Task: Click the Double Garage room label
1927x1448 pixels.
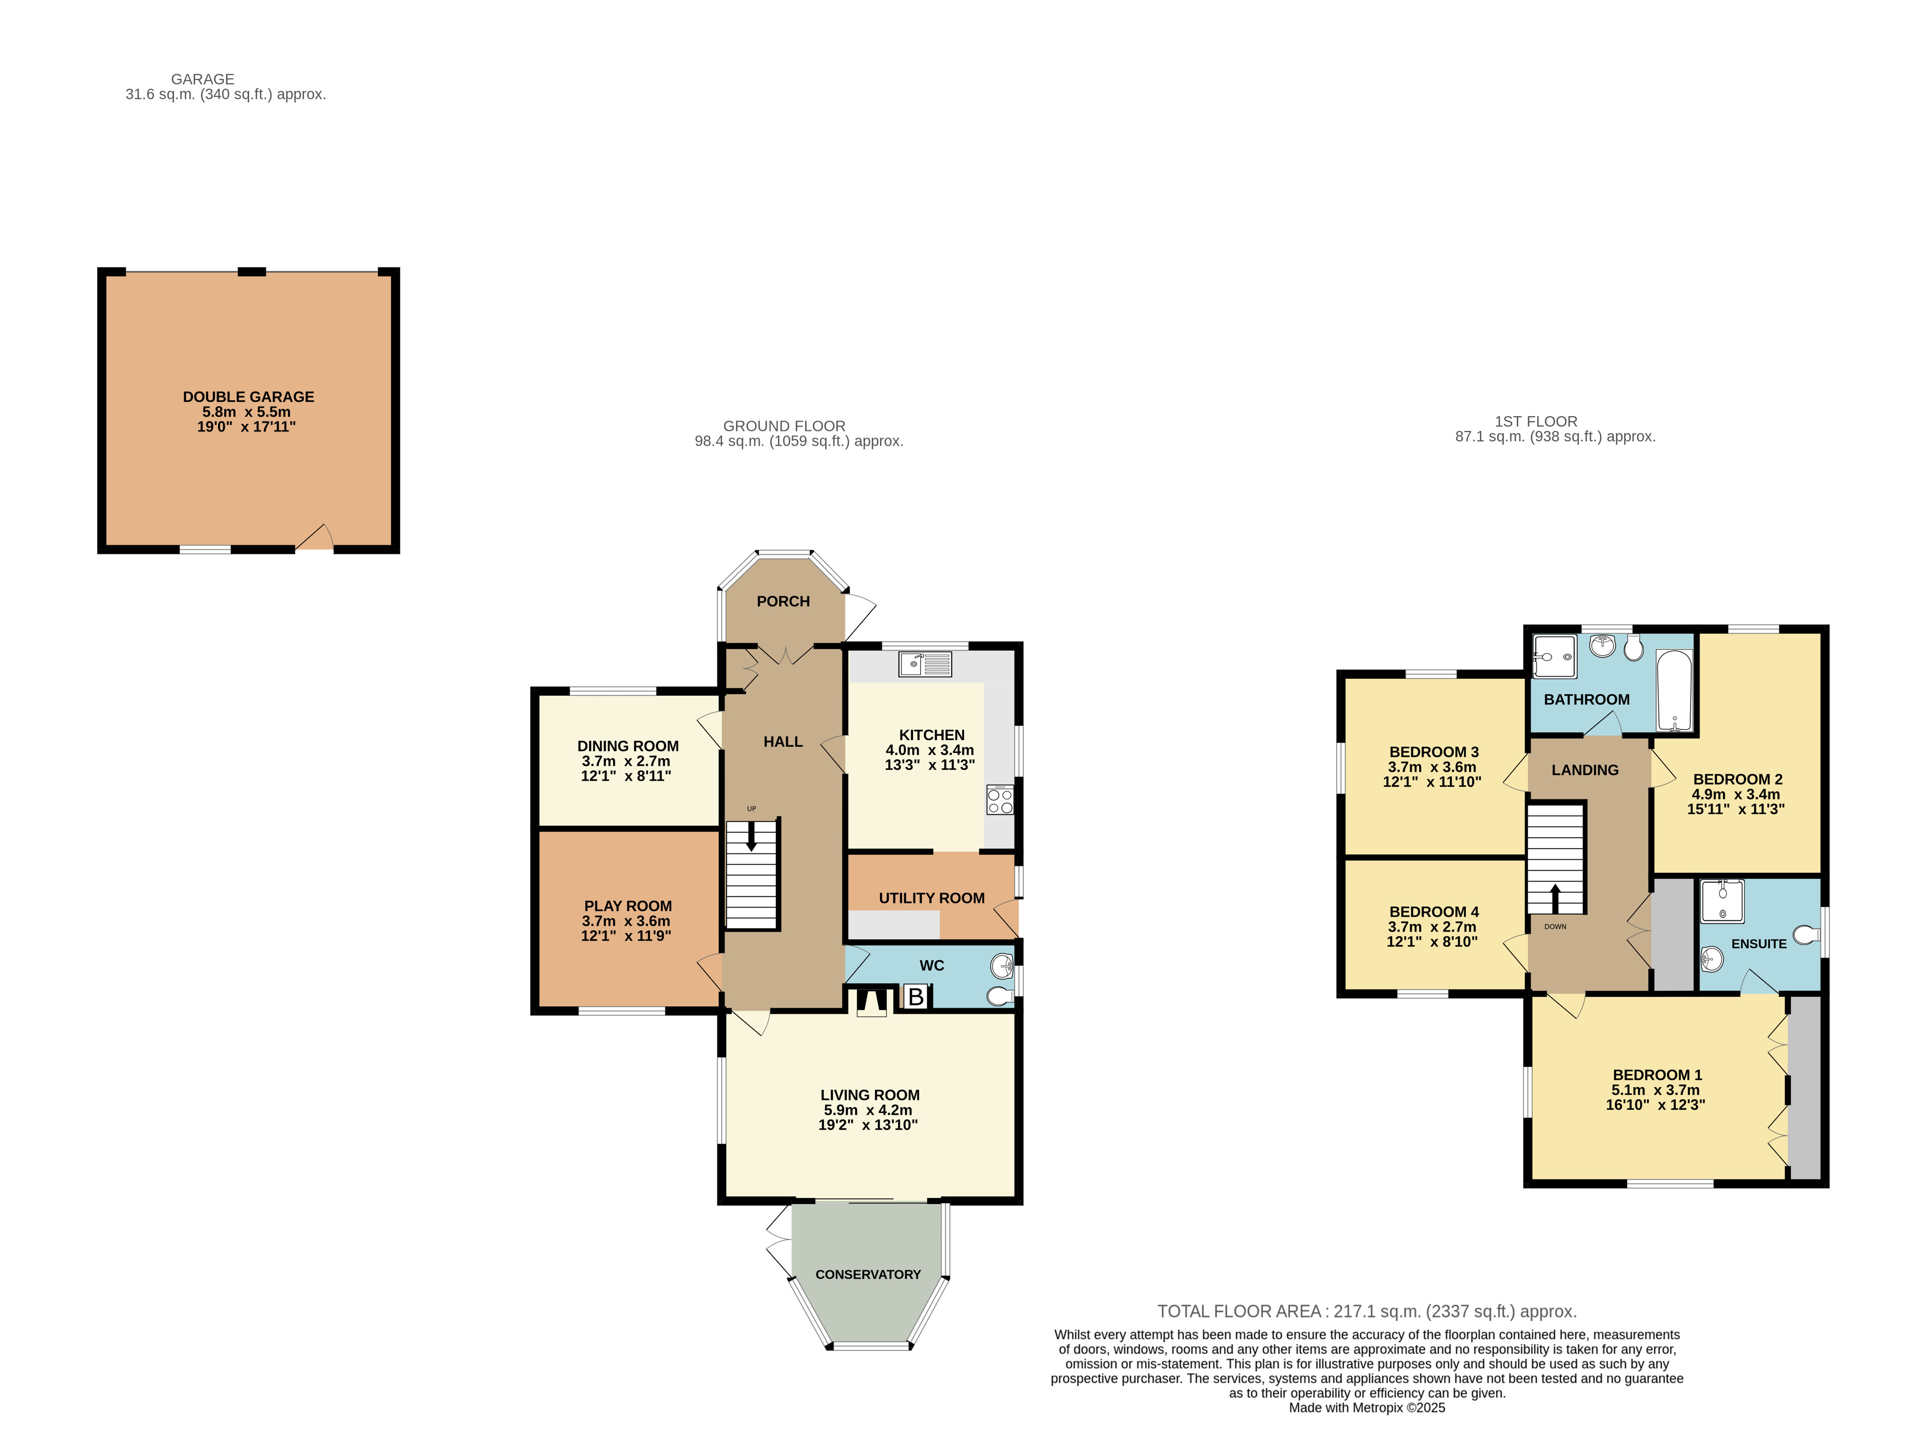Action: (x=248, y=396)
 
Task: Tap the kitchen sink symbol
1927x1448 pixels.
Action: (x=925, y=665)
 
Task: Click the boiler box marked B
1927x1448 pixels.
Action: (x=916, y=996)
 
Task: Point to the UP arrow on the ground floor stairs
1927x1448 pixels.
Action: (x=751, y=834)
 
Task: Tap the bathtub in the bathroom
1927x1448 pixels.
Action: (x=1674, y=691)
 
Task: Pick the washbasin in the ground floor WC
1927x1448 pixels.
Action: (x=1002, y=966)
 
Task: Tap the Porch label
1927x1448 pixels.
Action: (x=783, y=601)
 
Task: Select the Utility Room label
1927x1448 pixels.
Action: (x=931, y=898)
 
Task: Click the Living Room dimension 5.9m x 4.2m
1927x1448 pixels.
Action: (x=868, y=1110)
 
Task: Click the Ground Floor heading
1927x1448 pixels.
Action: (x=784, y=426)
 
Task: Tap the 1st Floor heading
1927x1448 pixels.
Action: (x=1536, y=422)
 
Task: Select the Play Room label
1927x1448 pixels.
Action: (x=627, y=906)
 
